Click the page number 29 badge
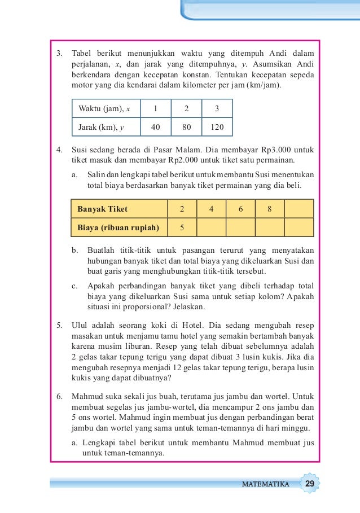pyautogui.click(x=310, y=484)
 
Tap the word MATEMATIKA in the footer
pyautogui.click(x=265, y=484)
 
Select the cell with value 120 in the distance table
pyautogui.click(x=217, y=128)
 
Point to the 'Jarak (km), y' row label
pyautogui.click(x=101, y=128)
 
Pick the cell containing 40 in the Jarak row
pyautogui.click(x=155, y=128)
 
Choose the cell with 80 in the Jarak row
pyautogui.click(x=186, y=128)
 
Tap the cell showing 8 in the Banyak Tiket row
pyautogui.click(x=270, y=209)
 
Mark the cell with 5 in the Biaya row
pyautogui.click(x=182, y=228)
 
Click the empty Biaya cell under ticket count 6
pyautogui.click(x=240, y=228)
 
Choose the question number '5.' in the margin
pyautogui.click(x=59, y=325)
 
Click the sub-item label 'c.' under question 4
pyautogui.click(x=74, y=286)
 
